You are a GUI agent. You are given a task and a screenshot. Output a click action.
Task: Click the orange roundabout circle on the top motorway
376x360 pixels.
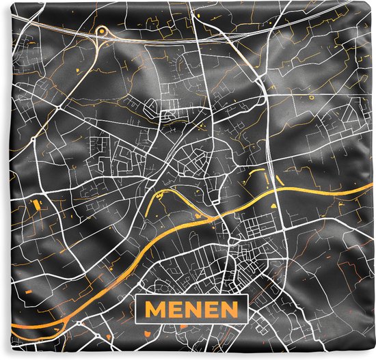tap(103, 31)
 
